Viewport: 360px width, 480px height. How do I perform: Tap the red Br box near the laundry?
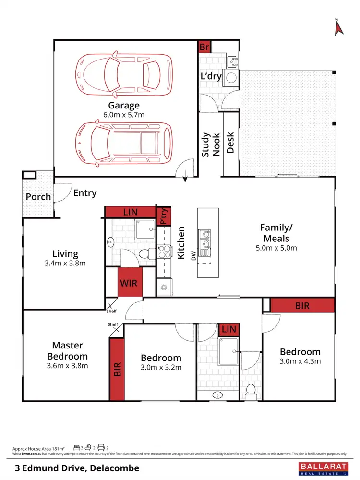point(204,47)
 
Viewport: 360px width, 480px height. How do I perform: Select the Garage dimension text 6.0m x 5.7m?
point(123,115)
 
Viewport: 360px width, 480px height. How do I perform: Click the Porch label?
point(38,197)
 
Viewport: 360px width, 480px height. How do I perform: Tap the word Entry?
point(85,193)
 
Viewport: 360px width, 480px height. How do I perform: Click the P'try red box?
point(163,216)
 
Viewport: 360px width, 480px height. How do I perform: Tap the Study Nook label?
point(210,144)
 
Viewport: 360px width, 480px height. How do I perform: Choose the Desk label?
point(230,143)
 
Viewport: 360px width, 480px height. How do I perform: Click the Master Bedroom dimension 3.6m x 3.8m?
point(68,365)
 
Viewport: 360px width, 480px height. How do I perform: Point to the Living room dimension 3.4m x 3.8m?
point(66,263)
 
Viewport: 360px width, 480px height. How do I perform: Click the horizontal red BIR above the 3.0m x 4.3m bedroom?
point(302,305)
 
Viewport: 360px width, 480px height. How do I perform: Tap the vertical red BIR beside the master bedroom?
point(117,369)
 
